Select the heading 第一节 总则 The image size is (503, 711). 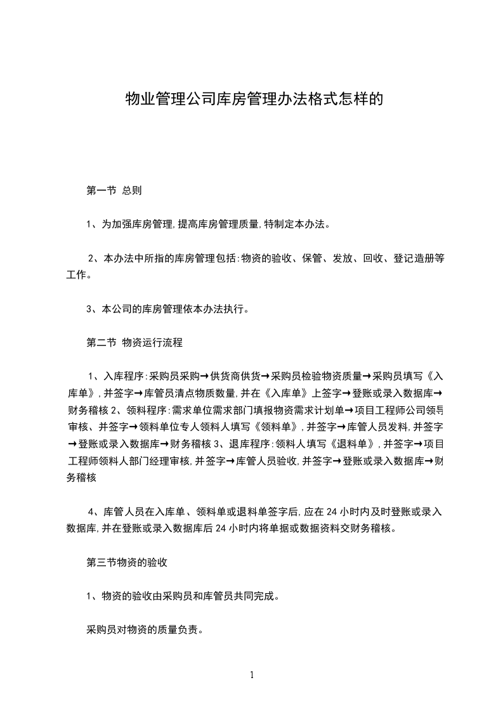pos(118,190)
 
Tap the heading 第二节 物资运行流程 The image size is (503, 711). pos(134,343)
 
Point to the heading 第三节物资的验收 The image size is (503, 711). pos(127,562)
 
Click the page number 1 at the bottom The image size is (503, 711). pos(252,675)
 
